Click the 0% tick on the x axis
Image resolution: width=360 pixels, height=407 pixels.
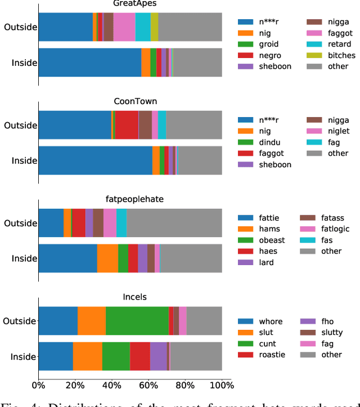click(38, 385)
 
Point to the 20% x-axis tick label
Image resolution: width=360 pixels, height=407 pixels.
click(75, 385)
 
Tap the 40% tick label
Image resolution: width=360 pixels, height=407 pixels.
click(111, 385)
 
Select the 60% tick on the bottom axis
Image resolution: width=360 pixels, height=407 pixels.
click(148, 385)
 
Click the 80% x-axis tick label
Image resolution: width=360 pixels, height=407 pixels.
click(185, 385)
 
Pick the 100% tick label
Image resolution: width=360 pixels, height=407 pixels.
click(222, 385)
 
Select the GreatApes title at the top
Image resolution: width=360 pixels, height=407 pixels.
click(130, 3)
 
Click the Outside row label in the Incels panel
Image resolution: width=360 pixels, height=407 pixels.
click(20, 321)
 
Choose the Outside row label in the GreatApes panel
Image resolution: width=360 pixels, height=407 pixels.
click(20, 26)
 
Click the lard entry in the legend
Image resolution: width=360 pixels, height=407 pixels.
click(267, 262)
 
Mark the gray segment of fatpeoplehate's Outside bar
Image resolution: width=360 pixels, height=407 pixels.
click(174, 223)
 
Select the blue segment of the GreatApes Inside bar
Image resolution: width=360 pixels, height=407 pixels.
click(89, 62)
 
